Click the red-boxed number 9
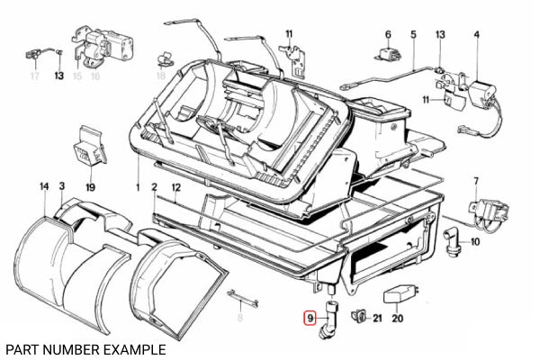pyautogui.click(x=310, y=318)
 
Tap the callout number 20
pyautogui.click(x=398, y=318)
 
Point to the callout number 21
pyautogui.click(x=377, y=318)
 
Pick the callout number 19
pyautogui.click(x=90, y=187)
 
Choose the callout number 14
pyautogui.click(x=42, y=186)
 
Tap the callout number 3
pyautogui.click(x=61, y=186)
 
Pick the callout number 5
pyautogui.click(x=413, y=35)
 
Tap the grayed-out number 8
pyautogui.click(x=240, y=318)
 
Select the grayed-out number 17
pyautogui.click(x=34, y=76)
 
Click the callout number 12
pyautogui.click(x=176, y=186)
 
